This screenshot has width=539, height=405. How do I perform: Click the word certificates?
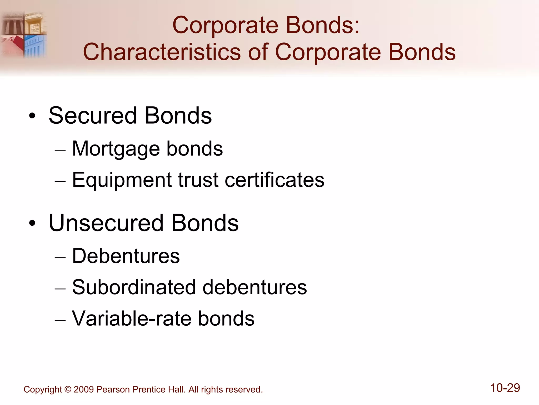pyautogui.click(x=275, y=180)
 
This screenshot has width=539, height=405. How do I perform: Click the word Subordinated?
pyautogui.click(x=134, y=287)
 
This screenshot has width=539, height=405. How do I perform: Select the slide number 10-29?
pyautogui.click(x=505, y=388)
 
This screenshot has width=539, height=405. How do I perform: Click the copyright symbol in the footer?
pyautogui.click(x=68, y=389)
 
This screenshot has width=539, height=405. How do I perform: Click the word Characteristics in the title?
pyautogui.click(x=162, y=52)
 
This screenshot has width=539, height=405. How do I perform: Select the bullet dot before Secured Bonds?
pyautogui.click(x=32, y=116)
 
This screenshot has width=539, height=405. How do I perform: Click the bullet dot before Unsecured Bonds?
pyautogui.click(x=32, y=224)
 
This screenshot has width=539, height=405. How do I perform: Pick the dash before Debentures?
pyautogui.click(x=60, y=257)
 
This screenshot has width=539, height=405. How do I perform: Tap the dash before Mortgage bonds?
pyautogui.click(x=60, y=150)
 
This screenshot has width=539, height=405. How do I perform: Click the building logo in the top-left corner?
pyautogui.click(x=24, y=34)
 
